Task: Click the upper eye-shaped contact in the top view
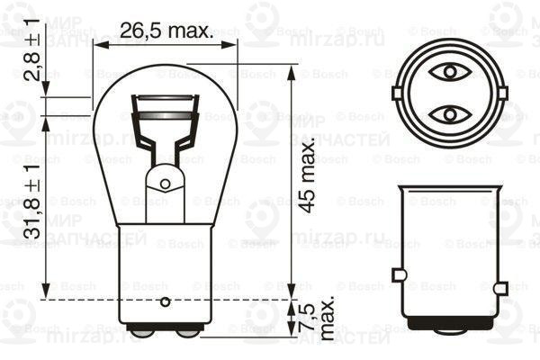pos(447,70)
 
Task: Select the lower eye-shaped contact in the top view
pos(447,113)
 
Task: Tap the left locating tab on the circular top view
pos(397,92)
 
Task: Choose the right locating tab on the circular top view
pos(499,92)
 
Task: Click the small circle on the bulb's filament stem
pos(165,184)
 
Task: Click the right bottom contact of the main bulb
pos(188,331)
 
